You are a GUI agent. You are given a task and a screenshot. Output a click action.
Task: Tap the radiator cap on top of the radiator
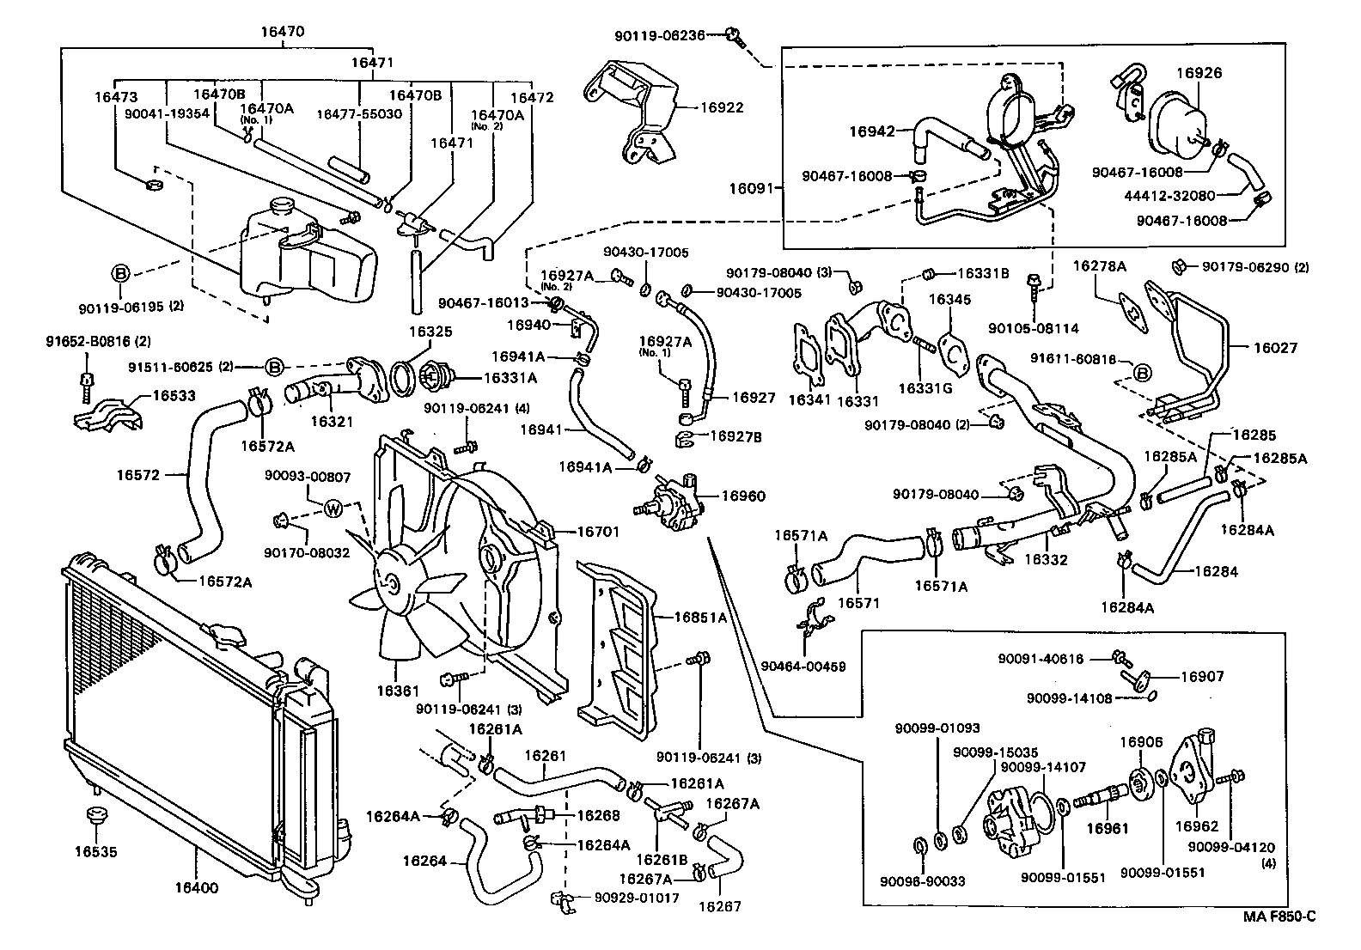pos(226,634)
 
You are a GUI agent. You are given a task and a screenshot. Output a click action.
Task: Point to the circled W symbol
pos(334,508)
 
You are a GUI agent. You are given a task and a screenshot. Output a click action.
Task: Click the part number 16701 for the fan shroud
pos(597,533)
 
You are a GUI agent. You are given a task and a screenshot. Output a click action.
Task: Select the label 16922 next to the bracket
pos(721,107)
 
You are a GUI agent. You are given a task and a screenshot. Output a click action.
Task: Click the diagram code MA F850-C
pos(1279,917)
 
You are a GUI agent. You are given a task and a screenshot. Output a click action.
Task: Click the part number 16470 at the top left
pos(283,33)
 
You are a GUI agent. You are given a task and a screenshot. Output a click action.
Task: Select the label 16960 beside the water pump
pos(742,496)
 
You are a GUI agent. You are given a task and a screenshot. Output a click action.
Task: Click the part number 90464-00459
pos(803,667)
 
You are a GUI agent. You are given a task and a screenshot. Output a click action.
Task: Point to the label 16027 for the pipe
pos(1275,348)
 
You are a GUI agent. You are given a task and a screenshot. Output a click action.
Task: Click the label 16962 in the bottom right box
pos(1196,826)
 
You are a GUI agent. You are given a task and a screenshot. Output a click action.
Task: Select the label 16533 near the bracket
pos(174,396)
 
